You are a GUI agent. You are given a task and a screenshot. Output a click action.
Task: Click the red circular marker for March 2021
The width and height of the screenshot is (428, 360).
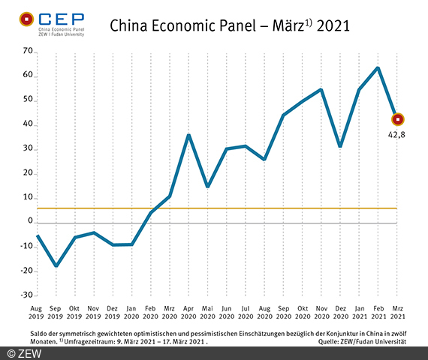click(397, 118)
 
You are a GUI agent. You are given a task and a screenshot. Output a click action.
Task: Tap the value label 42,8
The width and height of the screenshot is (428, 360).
click(397, 136)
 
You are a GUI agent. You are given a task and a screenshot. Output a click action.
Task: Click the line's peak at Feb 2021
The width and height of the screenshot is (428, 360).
click(378, 67)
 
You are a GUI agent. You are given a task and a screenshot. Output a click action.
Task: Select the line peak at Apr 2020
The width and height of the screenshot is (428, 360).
click(188, 135)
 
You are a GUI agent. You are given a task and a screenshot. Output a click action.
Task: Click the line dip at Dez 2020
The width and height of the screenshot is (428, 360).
click(340, 146)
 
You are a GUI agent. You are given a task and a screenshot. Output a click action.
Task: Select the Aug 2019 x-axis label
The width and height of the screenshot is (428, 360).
click(37, 312)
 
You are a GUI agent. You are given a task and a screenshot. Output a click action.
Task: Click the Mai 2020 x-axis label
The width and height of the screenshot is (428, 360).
click(207, 312)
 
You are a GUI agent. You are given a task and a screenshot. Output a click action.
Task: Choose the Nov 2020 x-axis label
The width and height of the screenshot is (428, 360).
click(321, 312)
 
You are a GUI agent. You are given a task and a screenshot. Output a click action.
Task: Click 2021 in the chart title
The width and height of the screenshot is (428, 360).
click(333, 26)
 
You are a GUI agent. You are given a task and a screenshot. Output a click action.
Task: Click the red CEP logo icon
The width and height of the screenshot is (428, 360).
click(25, 18)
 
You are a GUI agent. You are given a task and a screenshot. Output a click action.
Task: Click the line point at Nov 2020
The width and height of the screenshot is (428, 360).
click(321, 90)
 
